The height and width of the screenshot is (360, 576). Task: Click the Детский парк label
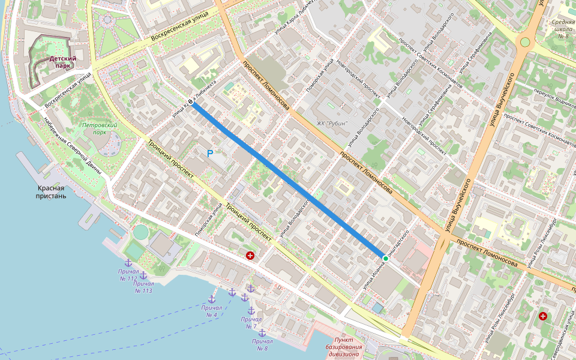pyautogui.click(x=63, y=62)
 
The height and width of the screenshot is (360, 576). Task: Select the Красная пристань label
pyautogui.click(x=50, y=192)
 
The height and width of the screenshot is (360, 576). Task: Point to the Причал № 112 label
pyautogui.click(x=128, y=275)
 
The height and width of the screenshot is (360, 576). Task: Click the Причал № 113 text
pyautogui.click(x=143, y=287)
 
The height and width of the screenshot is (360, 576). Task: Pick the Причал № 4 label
pyautogui.click(x=211, y=311)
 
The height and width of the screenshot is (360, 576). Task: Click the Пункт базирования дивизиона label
pyautogui.click(x=344, y=347)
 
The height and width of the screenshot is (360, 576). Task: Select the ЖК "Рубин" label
pyautogui.click(x=333, y=124)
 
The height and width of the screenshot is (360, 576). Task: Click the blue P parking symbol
pyautogui.click(x=210, y=154)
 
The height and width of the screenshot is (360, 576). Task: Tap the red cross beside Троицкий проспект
pyautogui.click(x=250, y=256)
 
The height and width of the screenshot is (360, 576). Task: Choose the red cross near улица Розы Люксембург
pyautogui.click(x=543, y=316)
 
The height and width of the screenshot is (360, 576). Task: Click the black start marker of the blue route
pyautogui.click(x=191, y=103)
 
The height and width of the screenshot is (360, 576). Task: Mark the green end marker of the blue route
pyautogui.click(x=385, y=257)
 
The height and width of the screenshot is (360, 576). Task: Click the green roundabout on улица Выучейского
pyautogui.click(x=525, y=42)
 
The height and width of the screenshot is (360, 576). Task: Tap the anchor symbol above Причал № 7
pyautogui.click(x=251, y=311)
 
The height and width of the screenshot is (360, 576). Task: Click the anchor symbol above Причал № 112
pyautogui.click(x=128, y=263)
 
